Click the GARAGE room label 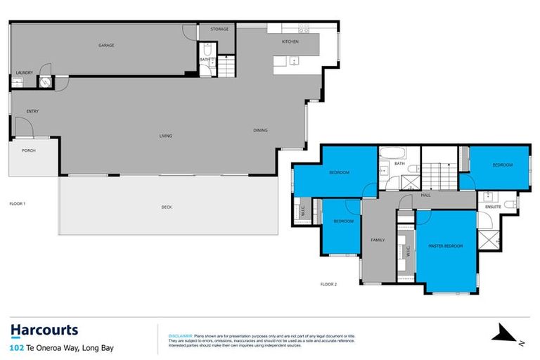(x=106, y=45)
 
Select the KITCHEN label (x=290, y=41)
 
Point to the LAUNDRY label (x=25, y=72)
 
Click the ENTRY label (x=32, y=111)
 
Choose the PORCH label (x=29, y=150)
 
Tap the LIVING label (x=165, y=136)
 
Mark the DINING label (x=261, y=130)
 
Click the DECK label (x=166, y=207)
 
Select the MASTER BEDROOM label (x=446, y=245)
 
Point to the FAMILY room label (x=378, y=240)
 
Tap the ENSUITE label (x=494, y=207)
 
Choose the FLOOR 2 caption (x=328, y=283)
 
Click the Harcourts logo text (x=44, y=330)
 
